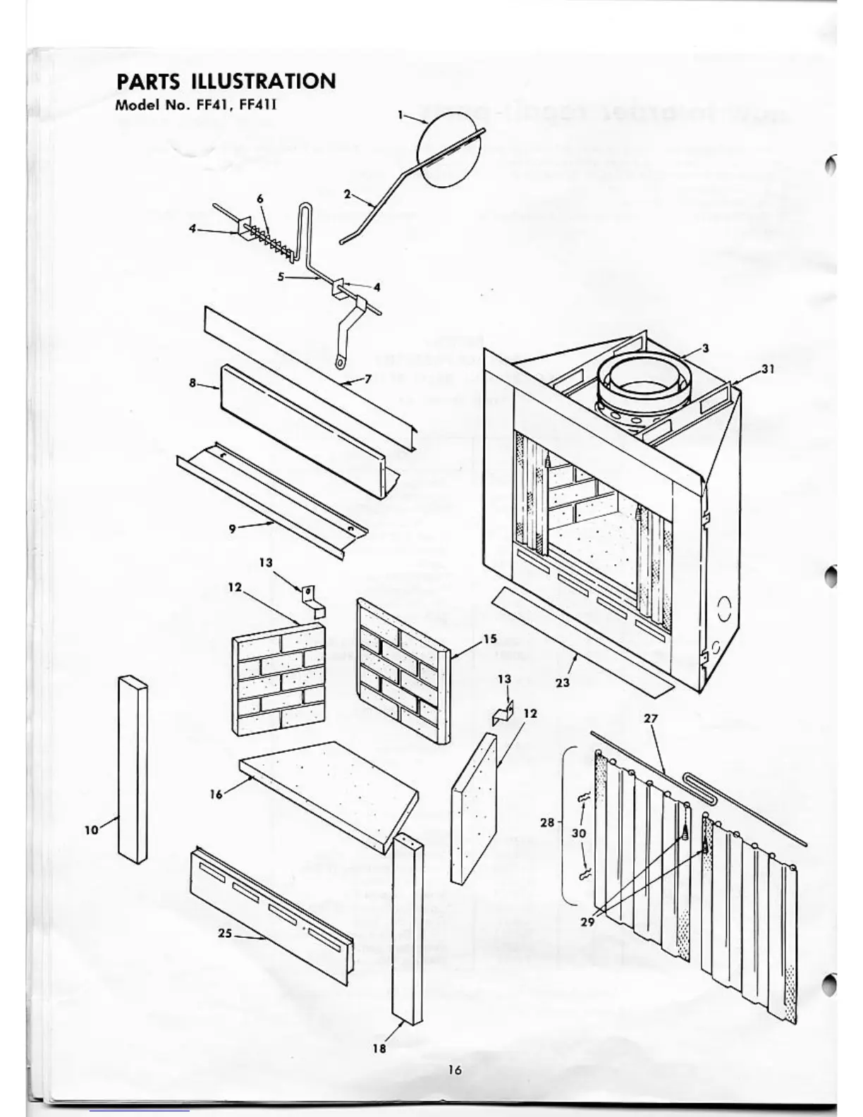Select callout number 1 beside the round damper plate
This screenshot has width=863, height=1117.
coord(400,115)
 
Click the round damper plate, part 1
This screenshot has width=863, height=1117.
coord(449,152)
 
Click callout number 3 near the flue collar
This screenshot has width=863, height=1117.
coord(705,348)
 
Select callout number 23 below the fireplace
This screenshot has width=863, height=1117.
coord(563,682)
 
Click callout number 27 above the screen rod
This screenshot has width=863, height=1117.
coord(651,719)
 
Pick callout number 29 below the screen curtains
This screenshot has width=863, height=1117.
coord(587,922)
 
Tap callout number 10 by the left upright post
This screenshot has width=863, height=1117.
coord(92,830)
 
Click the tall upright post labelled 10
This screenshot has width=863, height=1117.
coord(133,769)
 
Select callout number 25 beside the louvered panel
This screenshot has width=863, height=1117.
coord(225,933)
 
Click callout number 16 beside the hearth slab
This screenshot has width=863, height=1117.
coord(216,794)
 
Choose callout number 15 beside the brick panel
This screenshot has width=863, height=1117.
coord(489,639)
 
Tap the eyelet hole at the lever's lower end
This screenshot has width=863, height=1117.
coord(341,364)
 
